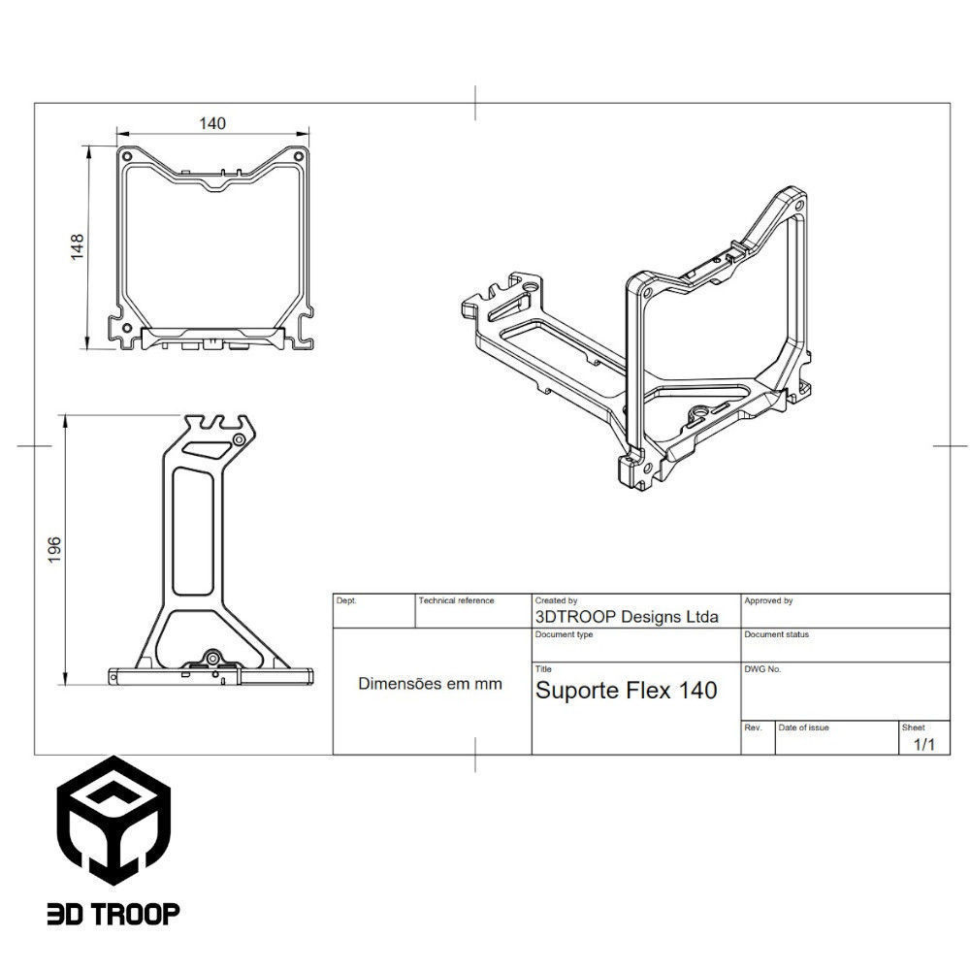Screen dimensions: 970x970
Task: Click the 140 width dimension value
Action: click(x=211, y=123)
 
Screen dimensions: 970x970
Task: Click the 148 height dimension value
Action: click(x=78, y=246)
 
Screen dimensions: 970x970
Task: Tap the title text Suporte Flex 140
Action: click(x=627, y=691)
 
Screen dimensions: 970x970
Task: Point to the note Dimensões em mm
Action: click(x=431, y=683)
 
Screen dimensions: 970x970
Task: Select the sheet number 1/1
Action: click(x=924, y=744)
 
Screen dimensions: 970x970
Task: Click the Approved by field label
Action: click(x=768, y=601)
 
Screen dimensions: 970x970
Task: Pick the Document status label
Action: click(x=776, y=634)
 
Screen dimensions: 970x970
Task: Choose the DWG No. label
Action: click(x=762, y=669)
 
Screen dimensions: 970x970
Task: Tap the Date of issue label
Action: click(x=803, y=727)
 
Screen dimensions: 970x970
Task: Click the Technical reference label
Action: click(x=456, y=601)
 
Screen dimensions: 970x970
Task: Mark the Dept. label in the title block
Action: click(x=346, y=601)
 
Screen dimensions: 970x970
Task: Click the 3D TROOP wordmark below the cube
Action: click(x=113, y=914)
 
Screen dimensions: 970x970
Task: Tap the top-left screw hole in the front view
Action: click(x=127, y=155)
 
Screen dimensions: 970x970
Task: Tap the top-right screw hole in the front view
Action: click(x=299, y=155)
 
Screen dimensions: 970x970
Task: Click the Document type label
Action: click(x=564, y=634)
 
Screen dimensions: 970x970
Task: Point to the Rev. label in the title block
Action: click(x=752, y=727)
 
